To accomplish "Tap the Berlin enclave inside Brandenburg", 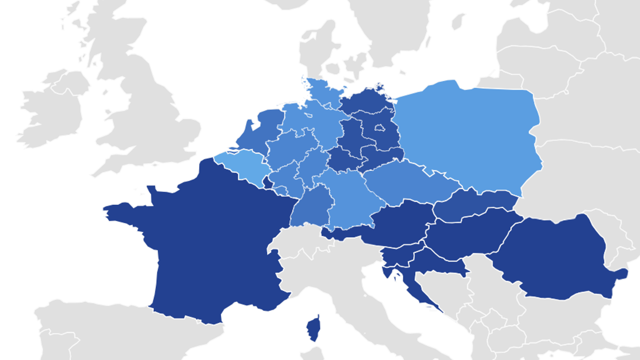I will click(379, 128).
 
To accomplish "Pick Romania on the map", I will click(556, 256).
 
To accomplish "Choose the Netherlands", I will click(262, 128).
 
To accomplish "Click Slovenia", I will click(400, 256).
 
